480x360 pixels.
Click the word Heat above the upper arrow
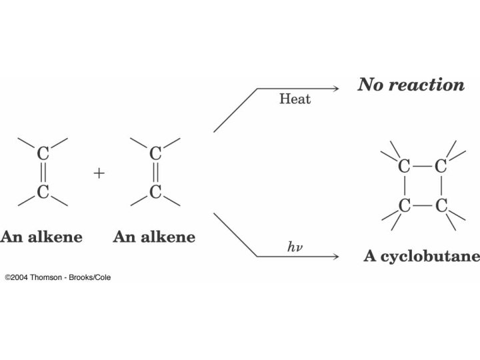pos(295,100)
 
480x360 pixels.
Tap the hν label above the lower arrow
pos(295,247)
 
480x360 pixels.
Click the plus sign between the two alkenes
pos(99,173)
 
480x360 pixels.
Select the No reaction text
pos(411,85)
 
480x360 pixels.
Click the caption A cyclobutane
pos(421,257)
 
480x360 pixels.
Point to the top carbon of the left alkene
pos(43,154)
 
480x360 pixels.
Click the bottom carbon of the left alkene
pos(43,193)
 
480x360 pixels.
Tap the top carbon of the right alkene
pos(155,154)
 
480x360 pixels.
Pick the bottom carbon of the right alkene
pos(155,193)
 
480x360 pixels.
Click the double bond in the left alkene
pos(43,173)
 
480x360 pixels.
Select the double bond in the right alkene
pos(155,173)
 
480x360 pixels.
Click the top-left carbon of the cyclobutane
pos(403,167)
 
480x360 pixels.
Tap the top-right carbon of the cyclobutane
pos(440,167)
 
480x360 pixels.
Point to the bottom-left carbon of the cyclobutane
pos(403,205)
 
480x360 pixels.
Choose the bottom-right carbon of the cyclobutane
pos(440,205)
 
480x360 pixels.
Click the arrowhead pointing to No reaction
pos(335,89)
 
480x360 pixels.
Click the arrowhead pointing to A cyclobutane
pos(335,256)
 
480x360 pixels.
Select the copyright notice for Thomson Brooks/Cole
pos(58,277)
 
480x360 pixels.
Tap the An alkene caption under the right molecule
pos(154,237)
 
